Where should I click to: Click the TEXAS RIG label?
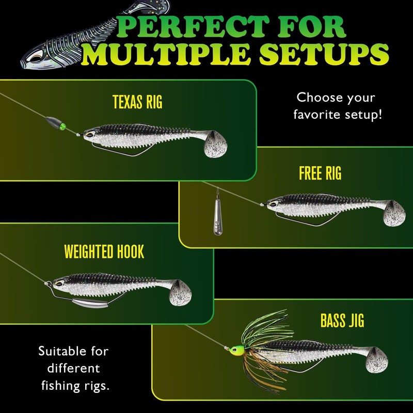(x=137, y=102)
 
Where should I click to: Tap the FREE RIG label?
(x=320, y=173)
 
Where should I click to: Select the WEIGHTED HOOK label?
(x=104, y=252)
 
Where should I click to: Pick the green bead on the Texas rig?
(x=63, y=126)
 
